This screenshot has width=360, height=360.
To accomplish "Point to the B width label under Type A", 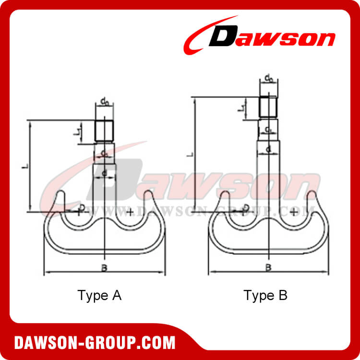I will click(x=104, y=268).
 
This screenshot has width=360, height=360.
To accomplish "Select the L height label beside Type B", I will click(x=191, y=154).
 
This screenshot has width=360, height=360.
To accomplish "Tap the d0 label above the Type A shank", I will click(x=104, y=101).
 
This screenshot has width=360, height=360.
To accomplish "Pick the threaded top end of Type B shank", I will click(x=268, y=107).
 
